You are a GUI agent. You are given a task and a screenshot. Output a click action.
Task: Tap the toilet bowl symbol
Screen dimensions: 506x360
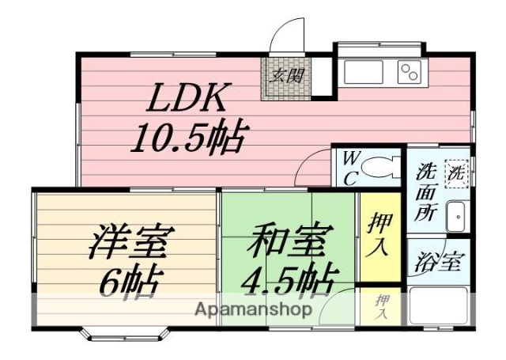[x=382, y=168]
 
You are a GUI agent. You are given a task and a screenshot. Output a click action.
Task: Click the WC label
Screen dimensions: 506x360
[x=350, y=168]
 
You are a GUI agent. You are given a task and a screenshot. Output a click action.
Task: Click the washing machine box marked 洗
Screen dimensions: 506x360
[x=456, y=172]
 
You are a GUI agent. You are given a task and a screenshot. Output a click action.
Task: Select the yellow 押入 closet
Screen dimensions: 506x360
[x=379, y=236]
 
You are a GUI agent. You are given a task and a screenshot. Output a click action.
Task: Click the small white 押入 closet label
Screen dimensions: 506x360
[x=381, y=305]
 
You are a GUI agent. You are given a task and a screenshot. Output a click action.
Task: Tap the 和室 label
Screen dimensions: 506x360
[x=286, y=241]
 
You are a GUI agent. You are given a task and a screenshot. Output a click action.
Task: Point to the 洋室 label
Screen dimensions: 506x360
[x=128, y=241]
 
